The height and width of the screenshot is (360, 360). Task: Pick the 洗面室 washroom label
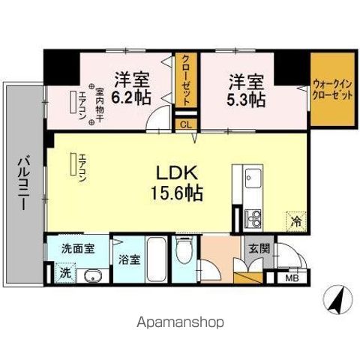click(x=77, y=250)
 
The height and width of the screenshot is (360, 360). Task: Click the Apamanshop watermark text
click(x=180, y=322)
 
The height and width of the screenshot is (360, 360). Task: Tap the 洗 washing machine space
click(x=65, y=273)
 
